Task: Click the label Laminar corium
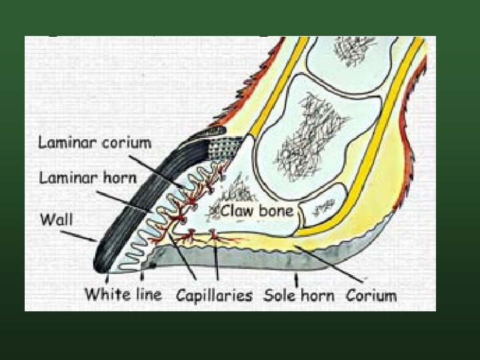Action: click(x=95, y=143)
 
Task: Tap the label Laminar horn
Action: click(x=87, y=178)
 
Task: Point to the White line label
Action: click(x=123, y=294)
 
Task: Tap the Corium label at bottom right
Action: click(x=371, y=295)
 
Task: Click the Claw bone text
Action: click(x=257, y=211)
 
